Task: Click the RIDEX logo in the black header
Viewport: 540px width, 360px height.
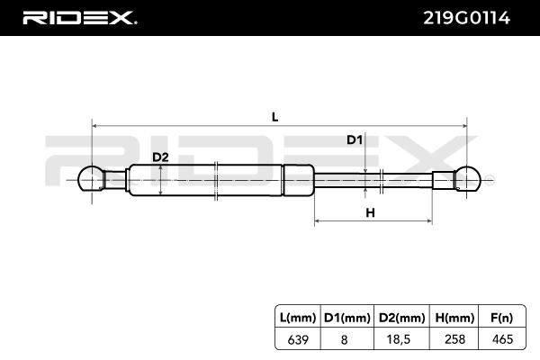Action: coord(79,18)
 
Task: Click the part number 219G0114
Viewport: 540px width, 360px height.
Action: coord(466,18)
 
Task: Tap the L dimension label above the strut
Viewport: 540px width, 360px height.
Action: coord(274,117)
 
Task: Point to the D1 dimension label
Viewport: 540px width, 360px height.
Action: coord(355,139)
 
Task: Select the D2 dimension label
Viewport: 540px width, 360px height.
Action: coord(160,157)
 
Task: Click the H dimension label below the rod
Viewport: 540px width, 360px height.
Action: coord(370,212)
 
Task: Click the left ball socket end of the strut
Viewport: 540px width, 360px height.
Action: coord(91,178)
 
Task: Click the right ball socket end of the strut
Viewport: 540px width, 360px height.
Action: coord(467,178)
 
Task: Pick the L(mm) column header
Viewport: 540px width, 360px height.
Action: coord(298,318)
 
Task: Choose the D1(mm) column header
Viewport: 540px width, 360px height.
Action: coord(347,318)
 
